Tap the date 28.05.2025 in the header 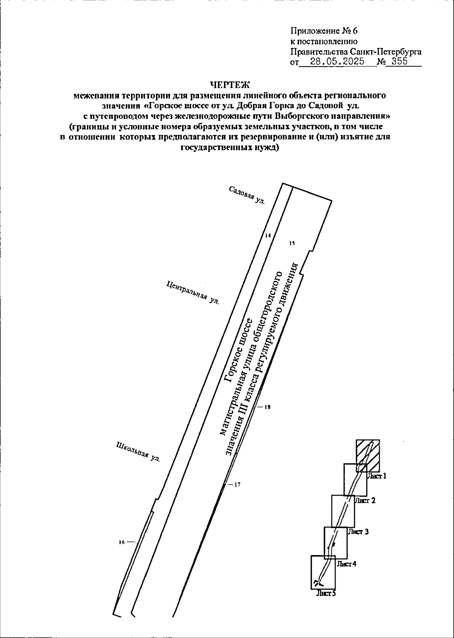(336, 62)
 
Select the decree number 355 (400, 62)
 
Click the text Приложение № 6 (324, 31)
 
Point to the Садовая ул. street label (247, 195)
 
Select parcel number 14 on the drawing (268, 236)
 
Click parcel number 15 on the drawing (291, 243)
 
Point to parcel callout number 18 (267, 407)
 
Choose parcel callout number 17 (237, 484)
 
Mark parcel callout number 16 (122, 542)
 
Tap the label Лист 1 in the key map (376, 476)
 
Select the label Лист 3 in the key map (358, 532)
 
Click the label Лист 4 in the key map (346, 564)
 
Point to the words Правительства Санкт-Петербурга (356, 52)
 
